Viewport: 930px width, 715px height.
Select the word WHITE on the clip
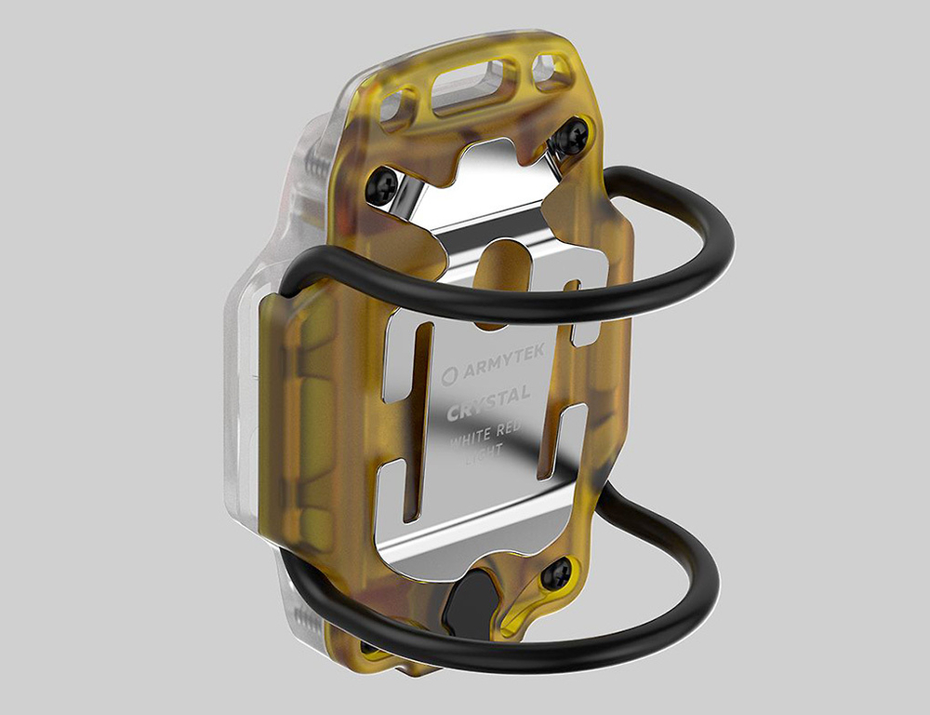coord(469,441)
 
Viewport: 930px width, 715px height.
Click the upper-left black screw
coord(381,185)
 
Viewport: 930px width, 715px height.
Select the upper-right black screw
coord(572,137)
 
